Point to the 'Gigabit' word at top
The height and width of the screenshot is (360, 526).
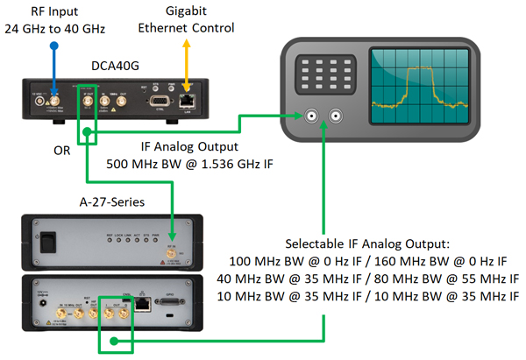(186, 11)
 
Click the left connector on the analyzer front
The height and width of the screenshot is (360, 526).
(313, 115)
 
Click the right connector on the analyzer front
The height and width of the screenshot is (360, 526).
(336, 115)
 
